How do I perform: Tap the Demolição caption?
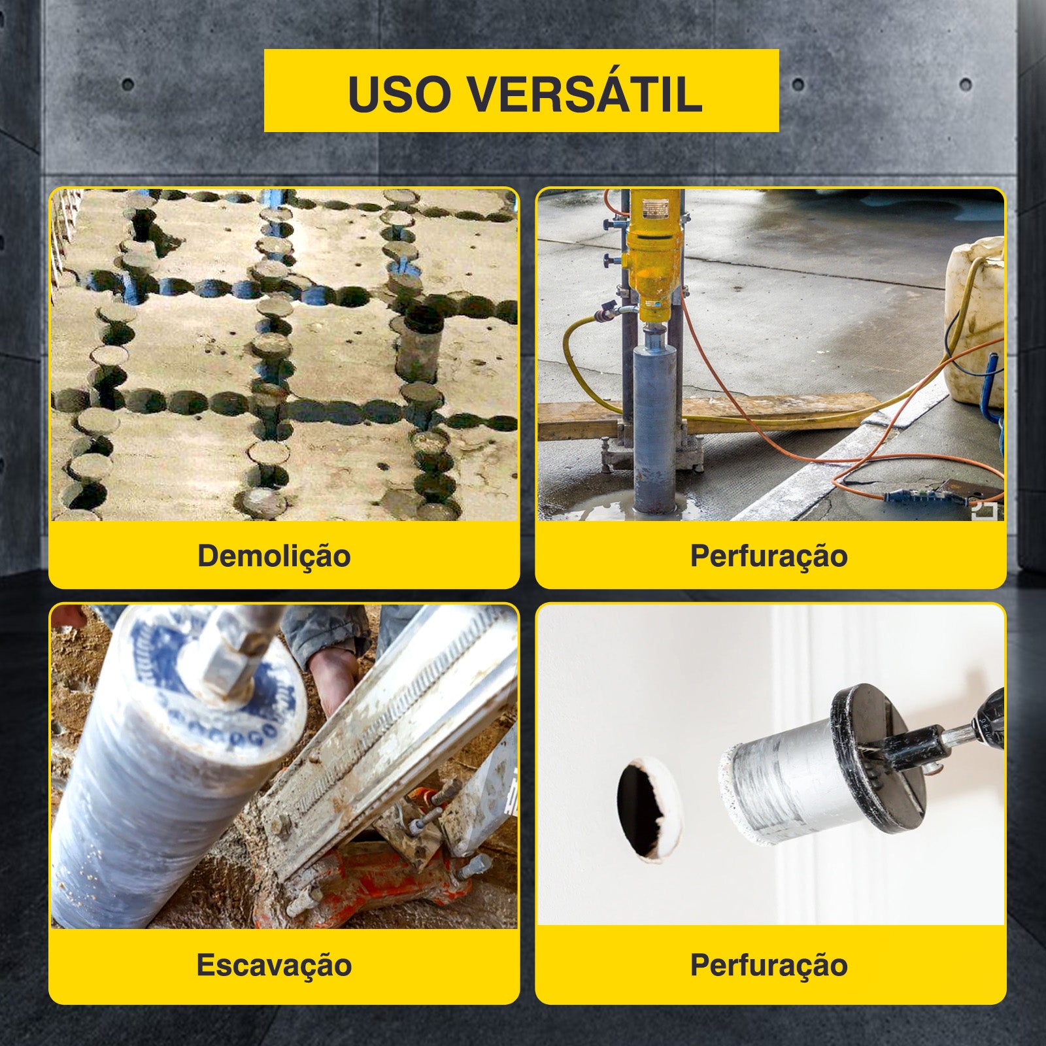click(x=274, y=556)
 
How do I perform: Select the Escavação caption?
click(x=274, y=966)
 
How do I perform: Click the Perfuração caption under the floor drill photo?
click(x=769, y=556)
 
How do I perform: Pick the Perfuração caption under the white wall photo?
click(x=769, y=966)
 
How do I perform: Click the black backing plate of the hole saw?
click(x=876, y=758)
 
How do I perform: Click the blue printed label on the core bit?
click(x=216, y=680)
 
